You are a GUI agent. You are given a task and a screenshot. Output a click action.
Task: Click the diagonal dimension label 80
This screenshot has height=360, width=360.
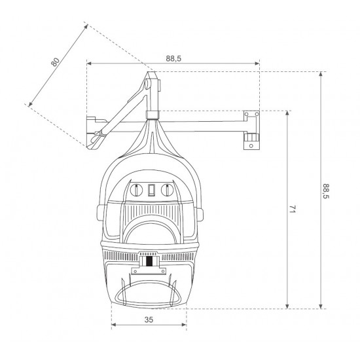click(56, 62)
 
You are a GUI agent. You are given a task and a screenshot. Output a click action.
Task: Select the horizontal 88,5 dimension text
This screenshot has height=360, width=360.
click(173, 59)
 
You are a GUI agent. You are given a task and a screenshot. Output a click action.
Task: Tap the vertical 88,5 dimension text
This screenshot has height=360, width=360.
click(326, 191)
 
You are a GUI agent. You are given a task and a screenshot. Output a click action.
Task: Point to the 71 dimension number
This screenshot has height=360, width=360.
click(292, 209)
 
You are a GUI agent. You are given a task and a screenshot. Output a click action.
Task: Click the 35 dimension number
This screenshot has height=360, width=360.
click(149, 319)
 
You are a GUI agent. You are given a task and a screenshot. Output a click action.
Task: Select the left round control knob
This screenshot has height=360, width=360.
click(136, 190)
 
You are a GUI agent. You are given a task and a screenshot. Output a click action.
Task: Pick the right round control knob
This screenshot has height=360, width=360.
click(167, 190)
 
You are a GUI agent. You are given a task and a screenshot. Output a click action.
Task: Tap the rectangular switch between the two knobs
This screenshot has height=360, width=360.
click(151, 190)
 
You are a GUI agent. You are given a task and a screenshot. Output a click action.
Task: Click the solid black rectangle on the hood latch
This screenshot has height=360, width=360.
click(149, 261)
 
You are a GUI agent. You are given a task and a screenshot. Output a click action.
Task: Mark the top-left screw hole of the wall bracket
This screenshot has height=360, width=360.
click(246, 114)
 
